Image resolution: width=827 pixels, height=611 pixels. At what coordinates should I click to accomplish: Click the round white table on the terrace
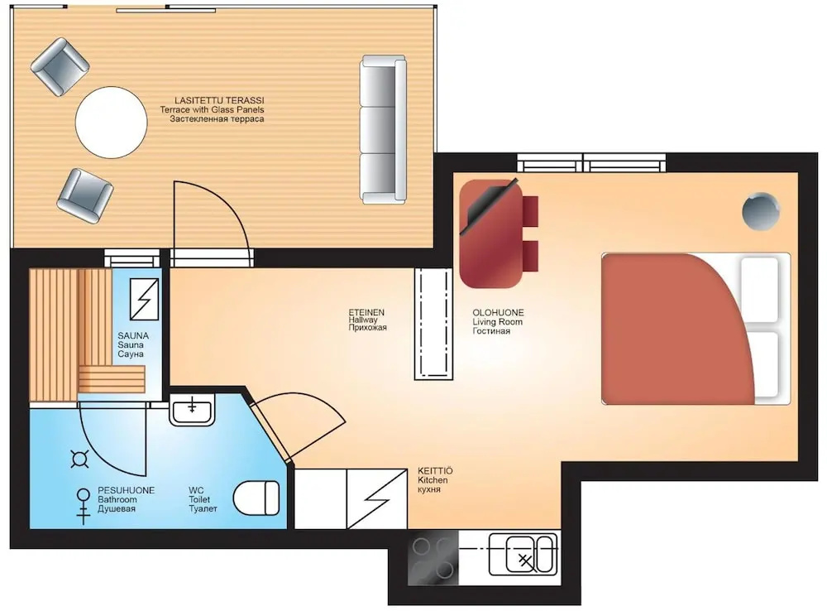click(x=112, y=122)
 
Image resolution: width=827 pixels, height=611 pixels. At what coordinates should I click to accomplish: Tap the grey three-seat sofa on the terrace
click(x=384, y=129)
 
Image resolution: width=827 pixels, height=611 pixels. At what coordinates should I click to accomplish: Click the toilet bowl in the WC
click(x=257, y=498)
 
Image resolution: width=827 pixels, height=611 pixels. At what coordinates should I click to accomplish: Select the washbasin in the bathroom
click(x=192, y=410)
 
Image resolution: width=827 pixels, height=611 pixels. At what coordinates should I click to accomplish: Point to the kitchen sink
click(x=523, y=554)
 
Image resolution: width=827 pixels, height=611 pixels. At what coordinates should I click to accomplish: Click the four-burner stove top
click(x=433, y=557)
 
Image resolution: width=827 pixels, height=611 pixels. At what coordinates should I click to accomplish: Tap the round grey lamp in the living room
click(x=761, y=211)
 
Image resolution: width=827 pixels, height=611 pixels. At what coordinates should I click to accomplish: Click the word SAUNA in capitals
click(x=133, y=336)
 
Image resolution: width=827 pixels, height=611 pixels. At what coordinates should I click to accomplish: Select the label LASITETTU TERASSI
click(x=219, y=100)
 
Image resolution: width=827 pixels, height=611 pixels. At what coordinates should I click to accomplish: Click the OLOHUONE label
click(x=498, y=313)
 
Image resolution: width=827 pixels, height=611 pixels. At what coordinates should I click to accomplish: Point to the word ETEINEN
click(x=366, y=313)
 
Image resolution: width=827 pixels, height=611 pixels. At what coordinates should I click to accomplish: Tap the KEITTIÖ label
click(x=435, y=470)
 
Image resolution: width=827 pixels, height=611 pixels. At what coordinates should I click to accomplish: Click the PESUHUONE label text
click(x=126, y=491)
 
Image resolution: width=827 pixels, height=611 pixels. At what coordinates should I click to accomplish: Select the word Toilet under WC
click(x=199, y=499)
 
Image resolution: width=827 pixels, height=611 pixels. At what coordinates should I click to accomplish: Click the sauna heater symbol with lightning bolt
click(x=144, y=299)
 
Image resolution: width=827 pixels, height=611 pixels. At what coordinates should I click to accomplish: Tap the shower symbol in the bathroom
click(x=83, y=505)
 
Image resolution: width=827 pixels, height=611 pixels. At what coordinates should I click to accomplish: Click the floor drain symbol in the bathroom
click(x=79, y=459)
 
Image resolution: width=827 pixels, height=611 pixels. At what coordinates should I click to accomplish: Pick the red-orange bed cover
click(x=677, y=329)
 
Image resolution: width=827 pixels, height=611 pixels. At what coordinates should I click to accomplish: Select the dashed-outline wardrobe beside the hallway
click(x=433, y=324)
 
